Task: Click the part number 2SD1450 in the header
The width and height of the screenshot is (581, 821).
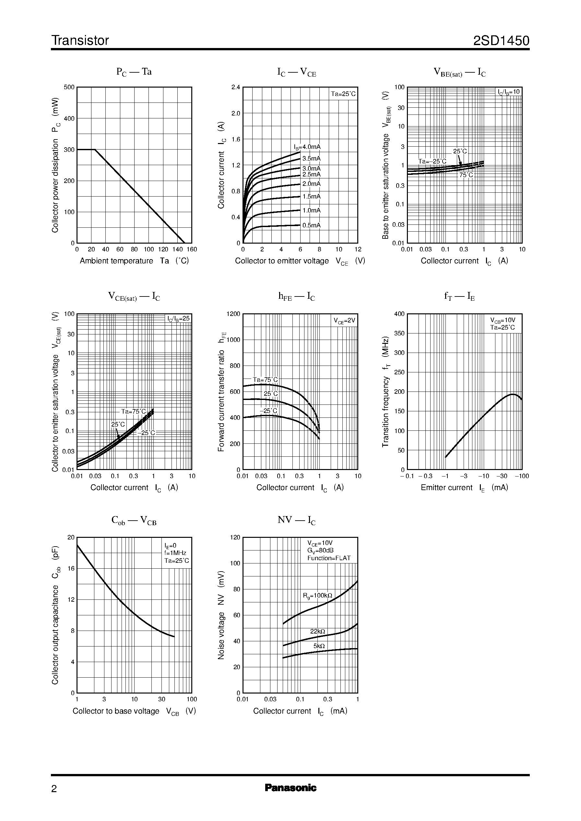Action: (501, 41)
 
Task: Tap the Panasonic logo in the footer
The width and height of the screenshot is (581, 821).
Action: (290, 788)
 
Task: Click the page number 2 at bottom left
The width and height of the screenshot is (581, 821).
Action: (54, 789)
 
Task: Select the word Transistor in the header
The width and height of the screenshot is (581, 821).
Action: (80, 41)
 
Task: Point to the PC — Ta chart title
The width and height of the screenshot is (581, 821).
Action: (134, 72)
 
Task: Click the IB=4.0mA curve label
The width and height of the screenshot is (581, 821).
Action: (307, 147)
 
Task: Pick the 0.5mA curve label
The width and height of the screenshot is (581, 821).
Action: (311, 225)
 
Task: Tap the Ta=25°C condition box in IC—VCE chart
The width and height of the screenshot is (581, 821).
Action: (343, 94)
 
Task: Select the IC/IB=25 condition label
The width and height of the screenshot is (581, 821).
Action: (179, 319)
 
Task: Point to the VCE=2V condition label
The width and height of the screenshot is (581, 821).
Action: (344, 321)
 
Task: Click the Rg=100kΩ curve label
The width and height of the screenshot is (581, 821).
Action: (317, 596)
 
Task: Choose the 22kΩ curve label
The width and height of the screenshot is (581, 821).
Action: (317, 632)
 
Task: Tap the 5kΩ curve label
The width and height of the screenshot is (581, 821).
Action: (319, 646)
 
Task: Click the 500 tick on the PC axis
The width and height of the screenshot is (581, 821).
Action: (69, 87)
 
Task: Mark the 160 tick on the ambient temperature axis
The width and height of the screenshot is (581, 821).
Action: (192, 249)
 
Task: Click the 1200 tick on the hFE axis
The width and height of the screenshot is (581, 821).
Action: (233, 314)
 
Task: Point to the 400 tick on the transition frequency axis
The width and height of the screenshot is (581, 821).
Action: (399, 314)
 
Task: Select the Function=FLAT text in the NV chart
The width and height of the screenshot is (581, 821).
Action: (329, 558)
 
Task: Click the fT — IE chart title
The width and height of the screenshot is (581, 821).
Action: (459, 296)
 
